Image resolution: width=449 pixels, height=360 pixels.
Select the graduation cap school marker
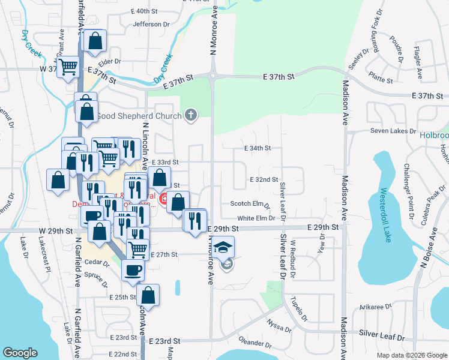223,248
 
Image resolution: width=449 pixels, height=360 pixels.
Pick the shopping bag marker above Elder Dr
95,41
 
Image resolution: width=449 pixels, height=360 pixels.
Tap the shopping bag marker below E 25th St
148,295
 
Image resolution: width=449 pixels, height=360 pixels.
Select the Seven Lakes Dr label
393,131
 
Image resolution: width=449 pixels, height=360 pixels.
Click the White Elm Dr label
255,218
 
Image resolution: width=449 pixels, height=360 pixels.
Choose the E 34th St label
258,148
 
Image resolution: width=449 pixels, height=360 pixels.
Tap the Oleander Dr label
255,344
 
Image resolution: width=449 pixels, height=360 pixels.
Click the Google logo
20,353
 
